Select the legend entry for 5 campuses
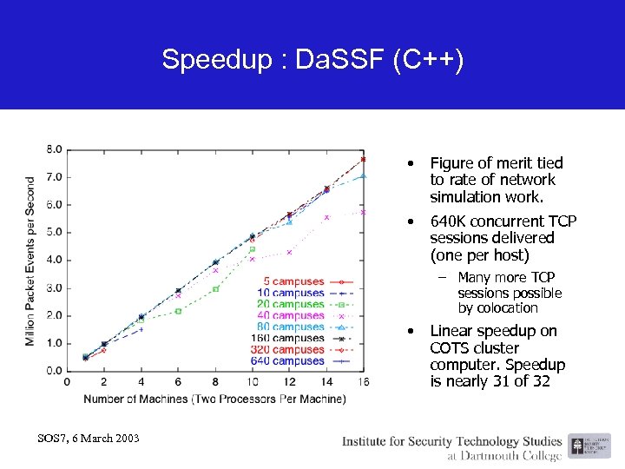pos(293,282)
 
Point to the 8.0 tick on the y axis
pos(54,149)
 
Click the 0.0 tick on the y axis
pos(54,371)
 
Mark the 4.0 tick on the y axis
pos(54,260)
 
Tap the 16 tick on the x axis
pos(362,383)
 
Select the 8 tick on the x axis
pos(214,383)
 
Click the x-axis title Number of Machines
pos(214,399)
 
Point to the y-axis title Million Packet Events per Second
pos(30,261)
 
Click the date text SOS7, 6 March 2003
pos(89,437)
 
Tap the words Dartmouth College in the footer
pos(502,455)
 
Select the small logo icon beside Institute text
pos(577,447)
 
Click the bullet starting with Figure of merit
pos(496,180)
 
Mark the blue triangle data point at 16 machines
pos(363,175)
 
